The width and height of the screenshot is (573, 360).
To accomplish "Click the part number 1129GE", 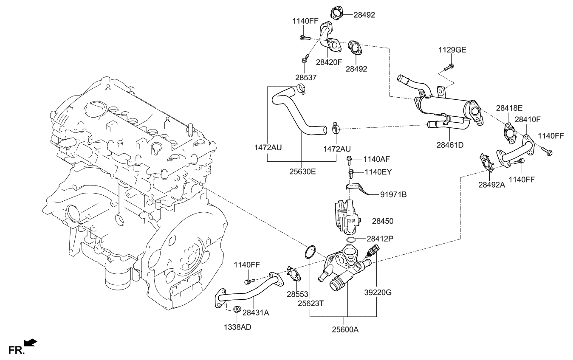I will click(452, 50).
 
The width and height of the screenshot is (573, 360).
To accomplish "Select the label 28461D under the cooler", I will click(449, 145).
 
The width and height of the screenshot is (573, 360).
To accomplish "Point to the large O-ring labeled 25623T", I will click(310, 252).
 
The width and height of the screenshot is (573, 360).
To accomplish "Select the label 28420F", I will click(329, 62).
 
